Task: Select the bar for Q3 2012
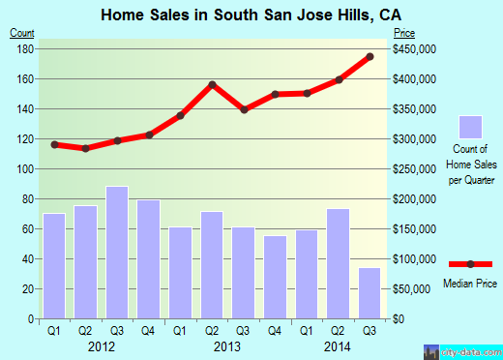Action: [x=117, y=252]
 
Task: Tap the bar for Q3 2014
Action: [x=370, y=292]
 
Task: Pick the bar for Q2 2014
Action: [x=339, y=263]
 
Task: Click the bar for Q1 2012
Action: [x=54, y=265]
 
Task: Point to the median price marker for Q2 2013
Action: [x=212, y=84]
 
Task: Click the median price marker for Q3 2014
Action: [x=370, y=56]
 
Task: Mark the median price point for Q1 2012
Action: [x=54, y=144]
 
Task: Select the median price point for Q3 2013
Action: [x=244, y=109]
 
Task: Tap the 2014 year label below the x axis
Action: [x=338, y=345]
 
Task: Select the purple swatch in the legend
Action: [x=470, y=127]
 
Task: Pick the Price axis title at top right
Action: [x=402, y=34]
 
